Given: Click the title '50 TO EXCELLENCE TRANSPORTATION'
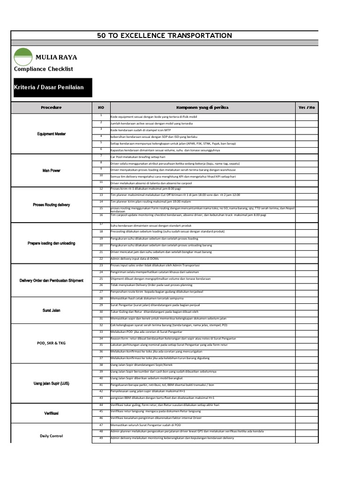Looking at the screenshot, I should (x=164, y=36).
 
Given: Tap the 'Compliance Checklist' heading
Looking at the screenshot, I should (x=44, y=69).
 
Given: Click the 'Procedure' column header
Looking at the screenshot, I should (x=51, y=107).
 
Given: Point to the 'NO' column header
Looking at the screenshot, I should (x=101, y=107).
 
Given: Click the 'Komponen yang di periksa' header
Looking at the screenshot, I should (x=202, y=107).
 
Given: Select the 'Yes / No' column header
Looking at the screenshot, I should (x=307, y=107).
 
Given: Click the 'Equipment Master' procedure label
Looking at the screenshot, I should (x=51, y=134).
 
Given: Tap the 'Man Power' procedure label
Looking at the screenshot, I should (x=51, y=170).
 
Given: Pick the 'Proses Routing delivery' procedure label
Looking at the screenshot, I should (x=51, y=205).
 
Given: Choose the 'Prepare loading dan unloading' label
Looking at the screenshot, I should (x=51, y=243).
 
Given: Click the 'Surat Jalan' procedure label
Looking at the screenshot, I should (x=51, y=310).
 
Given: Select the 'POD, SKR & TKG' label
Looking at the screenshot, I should (x=51, y=343).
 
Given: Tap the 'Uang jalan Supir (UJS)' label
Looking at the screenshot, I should (x=51, y=383).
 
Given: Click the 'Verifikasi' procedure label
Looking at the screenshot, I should (x=51, y=413).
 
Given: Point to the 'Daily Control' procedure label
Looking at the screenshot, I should (x=51, y=436).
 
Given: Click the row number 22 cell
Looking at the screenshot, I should (x=101, y=258).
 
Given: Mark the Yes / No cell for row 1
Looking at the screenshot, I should (x=307, y=116).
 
